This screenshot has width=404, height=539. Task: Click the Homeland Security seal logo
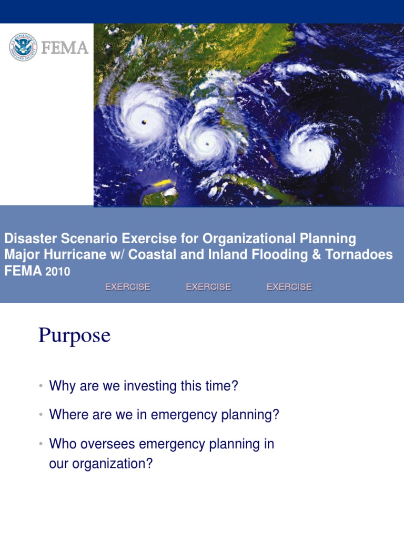[x=23, y=47]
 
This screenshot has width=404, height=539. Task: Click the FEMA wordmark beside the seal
[x=65, y=48]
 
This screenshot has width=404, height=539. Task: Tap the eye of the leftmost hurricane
[x=144, y=122]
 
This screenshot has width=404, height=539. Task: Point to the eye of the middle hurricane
[x=207, y=143]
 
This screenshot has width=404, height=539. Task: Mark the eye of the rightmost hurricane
[x=310, y=149]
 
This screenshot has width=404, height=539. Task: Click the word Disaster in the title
[x=26, y=238]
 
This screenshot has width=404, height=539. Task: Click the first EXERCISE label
[x=128, y=287]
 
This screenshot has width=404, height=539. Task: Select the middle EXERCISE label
[x=208, y=287]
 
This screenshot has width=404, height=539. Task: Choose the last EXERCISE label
[x=289, y=287]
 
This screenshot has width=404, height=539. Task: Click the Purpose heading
[x=74, y=335]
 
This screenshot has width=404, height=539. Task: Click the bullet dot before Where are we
[x=40, y=415]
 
